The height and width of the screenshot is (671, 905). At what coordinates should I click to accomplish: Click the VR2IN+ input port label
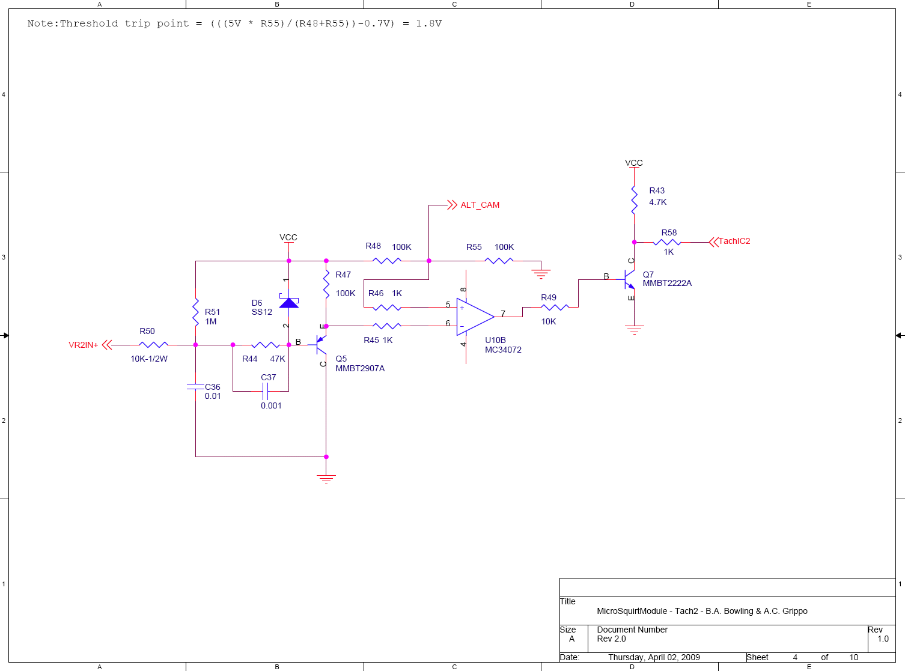pos(84,345)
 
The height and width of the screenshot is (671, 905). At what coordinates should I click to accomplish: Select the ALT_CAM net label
pos(480,205)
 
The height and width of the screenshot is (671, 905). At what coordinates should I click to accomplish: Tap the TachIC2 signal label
pos(734,241)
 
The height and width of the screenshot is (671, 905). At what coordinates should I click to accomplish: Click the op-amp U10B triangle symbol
pos(475,317)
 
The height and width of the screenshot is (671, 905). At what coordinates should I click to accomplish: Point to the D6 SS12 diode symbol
pos(289,303)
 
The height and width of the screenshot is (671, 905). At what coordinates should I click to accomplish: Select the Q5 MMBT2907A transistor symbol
pos(321,345)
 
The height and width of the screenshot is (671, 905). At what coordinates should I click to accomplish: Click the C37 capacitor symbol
pos(265,391)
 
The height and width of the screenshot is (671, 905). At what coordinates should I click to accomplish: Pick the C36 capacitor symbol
pos(195,386)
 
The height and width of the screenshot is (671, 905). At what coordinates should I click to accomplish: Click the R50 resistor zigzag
pos(153,345)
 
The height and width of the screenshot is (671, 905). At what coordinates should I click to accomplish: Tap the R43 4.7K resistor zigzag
pos(634,200)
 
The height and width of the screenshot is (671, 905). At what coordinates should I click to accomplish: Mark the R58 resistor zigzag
pos(667,242)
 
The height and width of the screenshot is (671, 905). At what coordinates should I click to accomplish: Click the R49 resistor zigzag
pos(555,307)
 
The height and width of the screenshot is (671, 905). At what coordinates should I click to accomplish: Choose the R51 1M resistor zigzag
pos(195,312)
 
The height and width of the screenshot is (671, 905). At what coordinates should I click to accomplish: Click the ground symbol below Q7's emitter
pos(634,330)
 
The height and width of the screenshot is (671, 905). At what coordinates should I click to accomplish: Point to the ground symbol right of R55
pos(541,274)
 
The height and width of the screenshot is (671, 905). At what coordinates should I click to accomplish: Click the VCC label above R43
pos(633,163)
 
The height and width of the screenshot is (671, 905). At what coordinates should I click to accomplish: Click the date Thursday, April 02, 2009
pos(654,657)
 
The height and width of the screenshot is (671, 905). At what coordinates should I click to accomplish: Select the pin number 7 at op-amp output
pos(503,313)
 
